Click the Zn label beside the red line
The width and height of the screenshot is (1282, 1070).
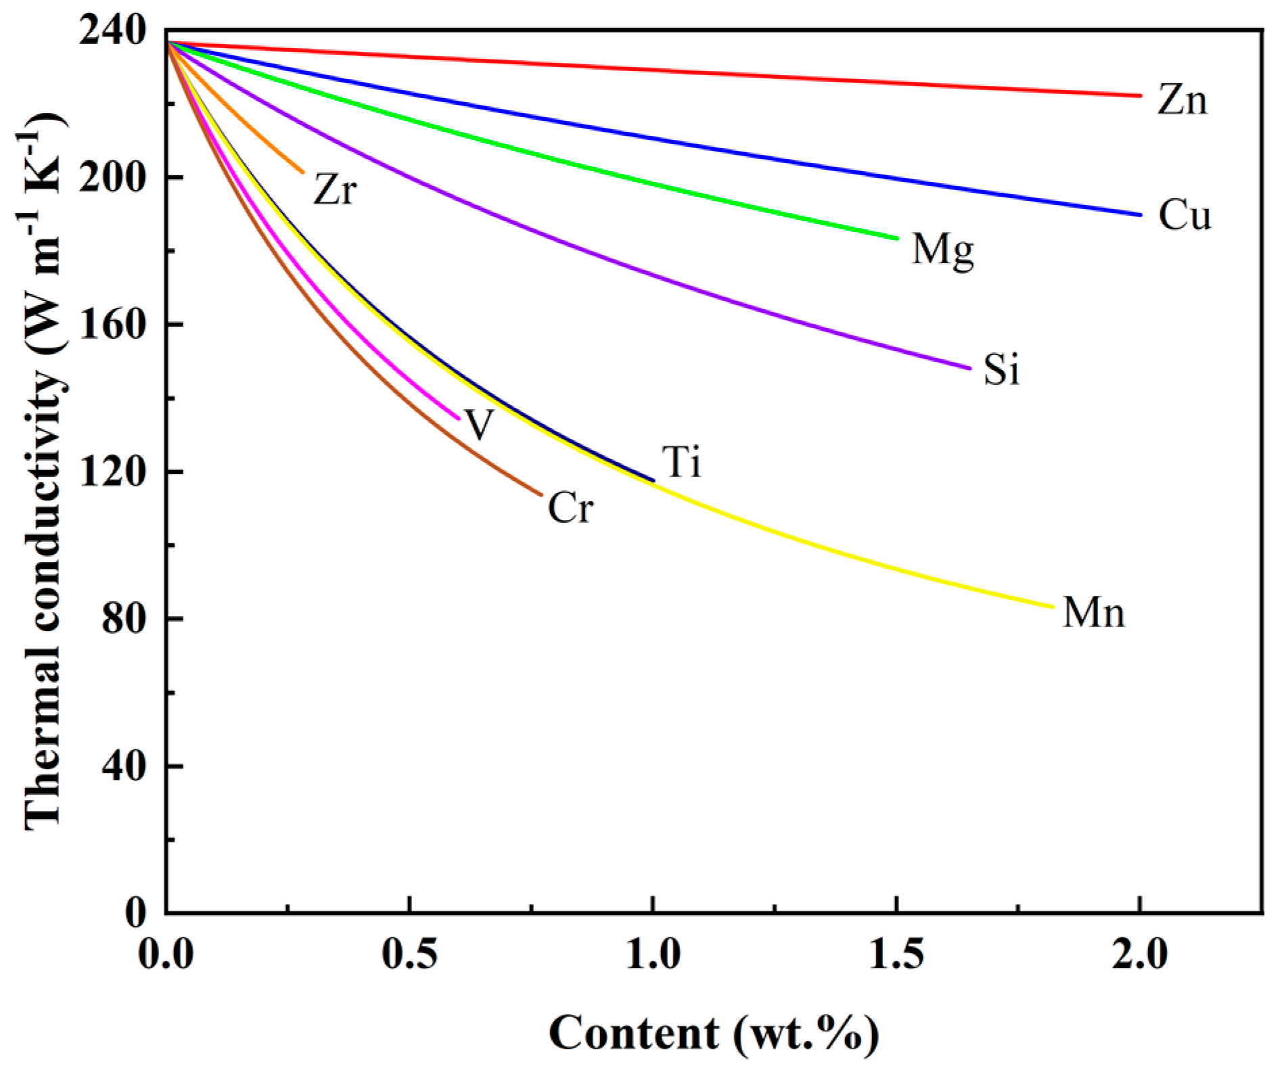point(1182,100)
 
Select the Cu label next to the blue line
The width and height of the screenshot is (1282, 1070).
point(1185,216)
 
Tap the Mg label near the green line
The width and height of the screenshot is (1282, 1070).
point(943,250)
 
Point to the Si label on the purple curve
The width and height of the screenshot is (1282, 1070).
point(1001,369)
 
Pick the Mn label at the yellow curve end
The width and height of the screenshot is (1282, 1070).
point(1093,613)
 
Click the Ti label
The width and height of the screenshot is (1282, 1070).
point(682,463)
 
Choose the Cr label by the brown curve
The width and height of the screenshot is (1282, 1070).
point(570,508)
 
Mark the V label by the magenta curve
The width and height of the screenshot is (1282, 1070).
point(479,425)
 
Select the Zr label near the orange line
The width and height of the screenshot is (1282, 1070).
point(335,189)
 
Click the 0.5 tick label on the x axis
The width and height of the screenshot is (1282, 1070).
point(409,955)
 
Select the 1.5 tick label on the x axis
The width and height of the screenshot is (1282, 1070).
point(896,955)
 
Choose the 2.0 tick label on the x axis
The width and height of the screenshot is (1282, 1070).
point(1140,955)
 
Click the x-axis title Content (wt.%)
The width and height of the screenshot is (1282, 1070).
point(714,1033)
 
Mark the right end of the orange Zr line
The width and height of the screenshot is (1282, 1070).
point(302,172)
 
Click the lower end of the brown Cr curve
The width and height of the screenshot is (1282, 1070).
point(541,495)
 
